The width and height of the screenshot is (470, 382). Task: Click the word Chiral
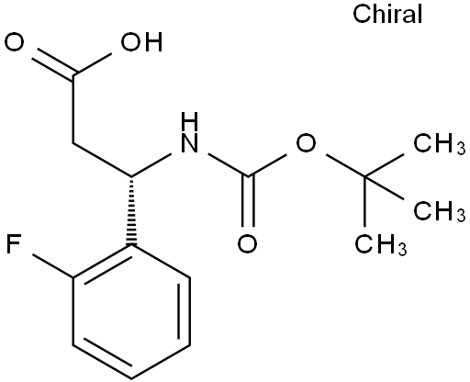(x=387, y=14)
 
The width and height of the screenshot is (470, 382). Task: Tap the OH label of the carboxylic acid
(x=141, y=42)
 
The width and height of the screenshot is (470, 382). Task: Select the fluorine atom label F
(x=13, y=244)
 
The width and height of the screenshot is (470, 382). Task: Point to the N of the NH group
(x=189, y=143)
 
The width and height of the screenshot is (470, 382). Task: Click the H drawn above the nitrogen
(x=189, y=121)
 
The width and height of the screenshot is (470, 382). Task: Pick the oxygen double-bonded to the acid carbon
(x=14, y=42)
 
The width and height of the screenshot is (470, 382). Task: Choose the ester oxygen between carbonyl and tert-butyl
(x=306, y=143)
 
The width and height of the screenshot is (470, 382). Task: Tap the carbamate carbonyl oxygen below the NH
(x=248, y=244)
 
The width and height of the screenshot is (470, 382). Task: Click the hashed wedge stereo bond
(x=131, y=210)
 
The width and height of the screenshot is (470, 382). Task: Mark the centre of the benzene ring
(x=131, y=311)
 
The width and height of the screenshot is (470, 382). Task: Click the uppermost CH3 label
(x=440, y=143)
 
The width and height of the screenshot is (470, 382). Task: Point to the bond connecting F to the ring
(x=52, y=266)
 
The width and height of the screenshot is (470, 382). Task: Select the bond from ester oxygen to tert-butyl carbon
(x=345, y=165)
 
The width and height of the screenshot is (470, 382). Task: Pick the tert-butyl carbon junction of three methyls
(x=364, y=176)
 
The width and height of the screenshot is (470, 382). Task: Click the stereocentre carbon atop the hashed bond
(x=131, y=176)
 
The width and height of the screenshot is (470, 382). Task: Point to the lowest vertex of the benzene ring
(x=131, y=379)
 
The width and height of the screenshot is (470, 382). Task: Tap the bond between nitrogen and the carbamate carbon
(x=228, y=165)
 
